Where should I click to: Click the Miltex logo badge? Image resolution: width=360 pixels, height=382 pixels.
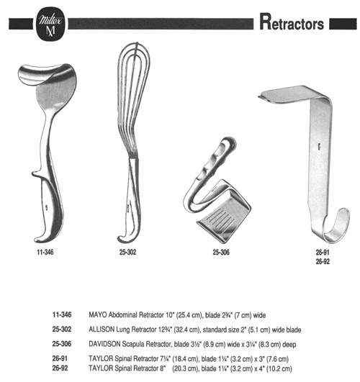coord(50,24)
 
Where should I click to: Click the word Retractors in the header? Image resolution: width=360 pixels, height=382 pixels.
coord(292,22)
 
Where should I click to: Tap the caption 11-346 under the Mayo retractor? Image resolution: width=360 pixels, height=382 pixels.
coord(45,253)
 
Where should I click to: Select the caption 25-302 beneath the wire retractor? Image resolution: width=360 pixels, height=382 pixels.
coord(128,253)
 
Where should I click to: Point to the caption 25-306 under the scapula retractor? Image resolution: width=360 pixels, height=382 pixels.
coord(221,253)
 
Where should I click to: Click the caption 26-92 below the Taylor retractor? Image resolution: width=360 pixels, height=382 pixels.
coord(323,261)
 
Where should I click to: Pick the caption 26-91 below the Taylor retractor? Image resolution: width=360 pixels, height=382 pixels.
coord(323,253)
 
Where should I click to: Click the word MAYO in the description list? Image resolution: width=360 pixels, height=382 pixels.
coord(98,315)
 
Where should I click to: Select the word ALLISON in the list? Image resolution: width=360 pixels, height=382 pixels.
coord(102,329)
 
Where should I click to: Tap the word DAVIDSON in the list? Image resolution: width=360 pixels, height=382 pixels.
coord(104,344)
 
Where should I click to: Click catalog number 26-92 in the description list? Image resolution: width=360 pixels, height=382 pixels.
coord(60,368)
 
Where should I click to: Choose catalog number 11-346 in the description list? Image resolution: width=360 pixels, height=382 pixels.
coord(62,314)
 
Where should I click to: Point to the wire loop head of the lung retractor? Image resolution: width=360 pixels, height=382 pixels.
coord(133,97)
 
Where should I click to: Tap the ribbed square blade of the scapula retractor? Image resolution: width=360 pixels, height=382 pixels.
coord(223,213)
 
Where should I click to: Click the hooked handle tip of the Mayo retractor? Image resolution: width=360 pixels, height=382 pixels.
coord(44,237)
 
